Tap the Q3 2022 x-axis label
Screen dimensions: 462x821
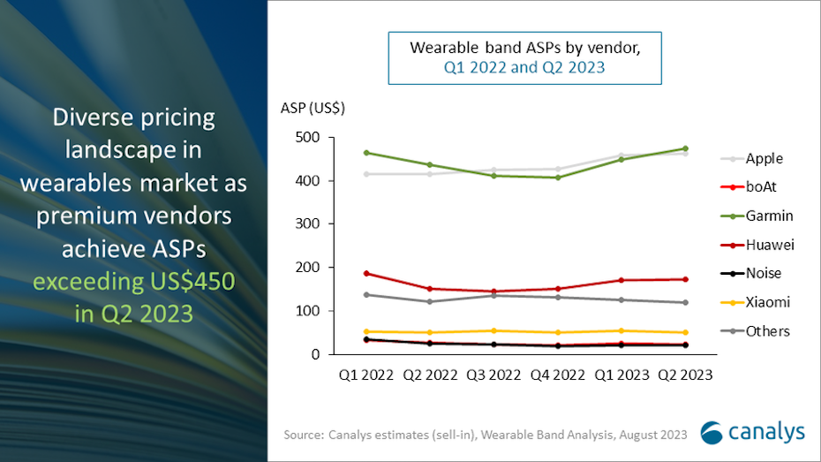(x=494, y=375)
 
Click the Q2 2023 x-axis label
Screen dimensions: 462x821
(x=684, y=375)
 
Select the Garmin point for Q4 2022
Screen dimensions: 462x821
(x=558, y=178)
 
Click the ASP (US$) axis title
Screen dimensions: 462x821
(x=305, y=109)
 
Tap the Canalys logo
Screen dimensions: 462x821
(x=752, y=432)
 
